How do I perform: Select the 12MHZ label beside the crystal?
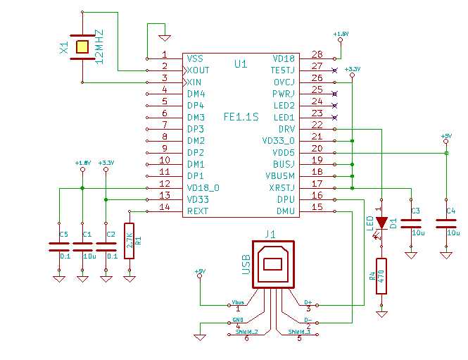click(99, 46)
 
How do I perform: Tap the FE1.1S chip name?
click(241, 117)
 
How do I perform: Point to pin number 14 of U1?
click(165, 207)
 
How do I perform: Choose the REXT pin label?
click(198, 211)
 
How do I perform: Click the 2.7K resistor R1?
click(129, 241)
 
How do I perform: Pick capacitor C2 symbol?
click(106, 246)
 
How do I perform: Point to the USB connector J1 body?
click(273, 266)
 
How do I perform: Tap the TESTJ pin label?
click(284, 70)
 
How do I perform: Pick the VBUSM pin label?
click(281, 175)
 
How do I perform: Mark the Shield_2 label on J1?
click(246, 331)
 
